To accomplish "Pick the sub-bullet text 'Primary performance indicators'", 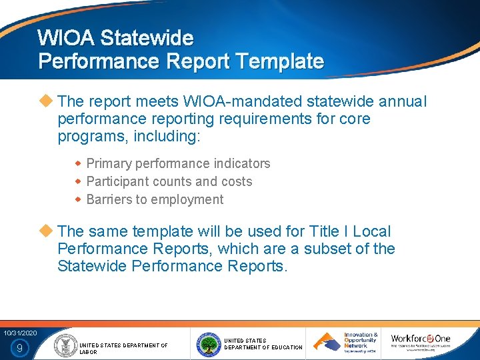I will [178, 163].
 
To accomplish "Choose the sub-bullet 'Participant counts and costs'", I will [169, 181].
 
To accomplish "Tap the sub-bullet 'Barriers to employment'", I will [155, 199].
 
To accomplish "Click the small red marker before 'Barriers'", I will [77, 199].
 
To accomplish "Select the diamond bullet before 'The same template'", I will [46, 231].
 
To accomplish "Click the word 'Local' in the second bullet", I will [371, 231].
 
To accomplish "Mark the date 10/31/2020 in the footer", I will [19, 333].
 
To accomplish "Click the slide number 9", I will [19, 347].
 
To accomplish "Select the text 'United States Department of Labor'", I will [123, 348].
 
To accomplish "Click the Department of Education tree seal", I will [208, 344].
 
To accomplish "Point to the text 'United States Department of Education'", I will [263, 344].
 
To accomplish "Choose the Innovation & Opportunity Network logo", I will [347, 343].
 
